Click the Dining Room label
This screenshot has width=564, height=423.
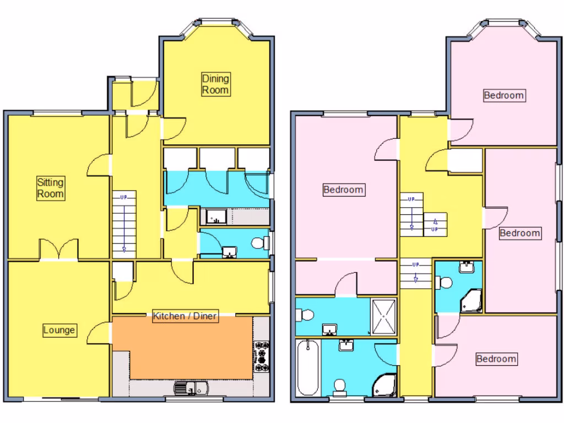click(215, 84)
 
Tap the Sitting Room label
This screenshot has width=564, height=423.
click(51, 188)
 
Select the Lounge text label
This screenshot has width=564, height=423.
click(59, 330)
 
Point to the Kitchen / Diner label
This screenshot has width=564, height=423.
click(185, 316)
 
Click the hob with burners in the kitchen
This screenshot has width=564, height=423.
click(261, 355)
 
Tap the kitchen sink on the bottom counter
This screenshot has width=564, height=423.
click(190, 388)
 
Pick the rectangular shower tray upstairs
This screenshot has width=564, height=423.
click(384, 317)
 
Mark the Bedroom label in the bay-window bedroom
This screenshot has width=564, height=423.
click(503, 95)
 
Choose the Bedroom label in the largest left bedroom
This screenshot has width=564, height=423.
click(343, 190)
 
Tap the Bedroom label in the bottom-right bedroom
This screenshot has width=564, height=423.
click(496, 359)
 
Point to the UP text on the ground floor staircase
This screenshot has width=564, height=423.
click(124, 197)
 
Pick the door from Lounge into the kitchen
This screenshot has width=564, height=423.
click(99, 333)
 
